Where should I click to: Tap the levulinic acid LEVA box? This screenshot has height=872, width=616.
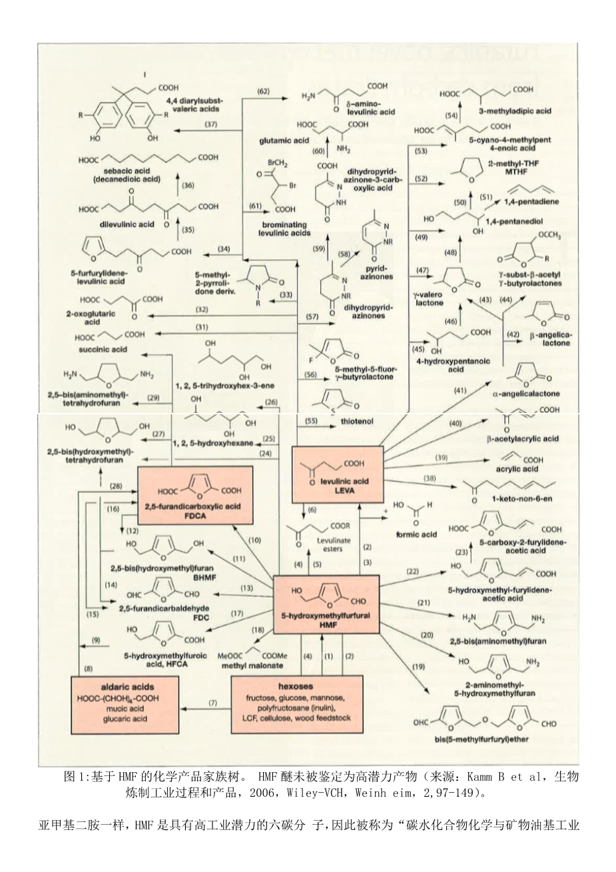(x=338, y=473)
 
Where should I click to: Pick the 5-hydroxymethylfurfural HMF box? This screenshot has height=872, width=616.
(x=326, y=601)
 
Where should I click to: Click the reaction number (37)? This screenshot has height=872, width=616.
(x=192, y=125)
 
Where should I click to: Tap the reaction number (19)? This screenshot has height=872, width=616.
(x=418, y=667)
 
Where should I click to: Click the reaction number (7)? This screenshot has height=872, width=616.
(x=213, y=703)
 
